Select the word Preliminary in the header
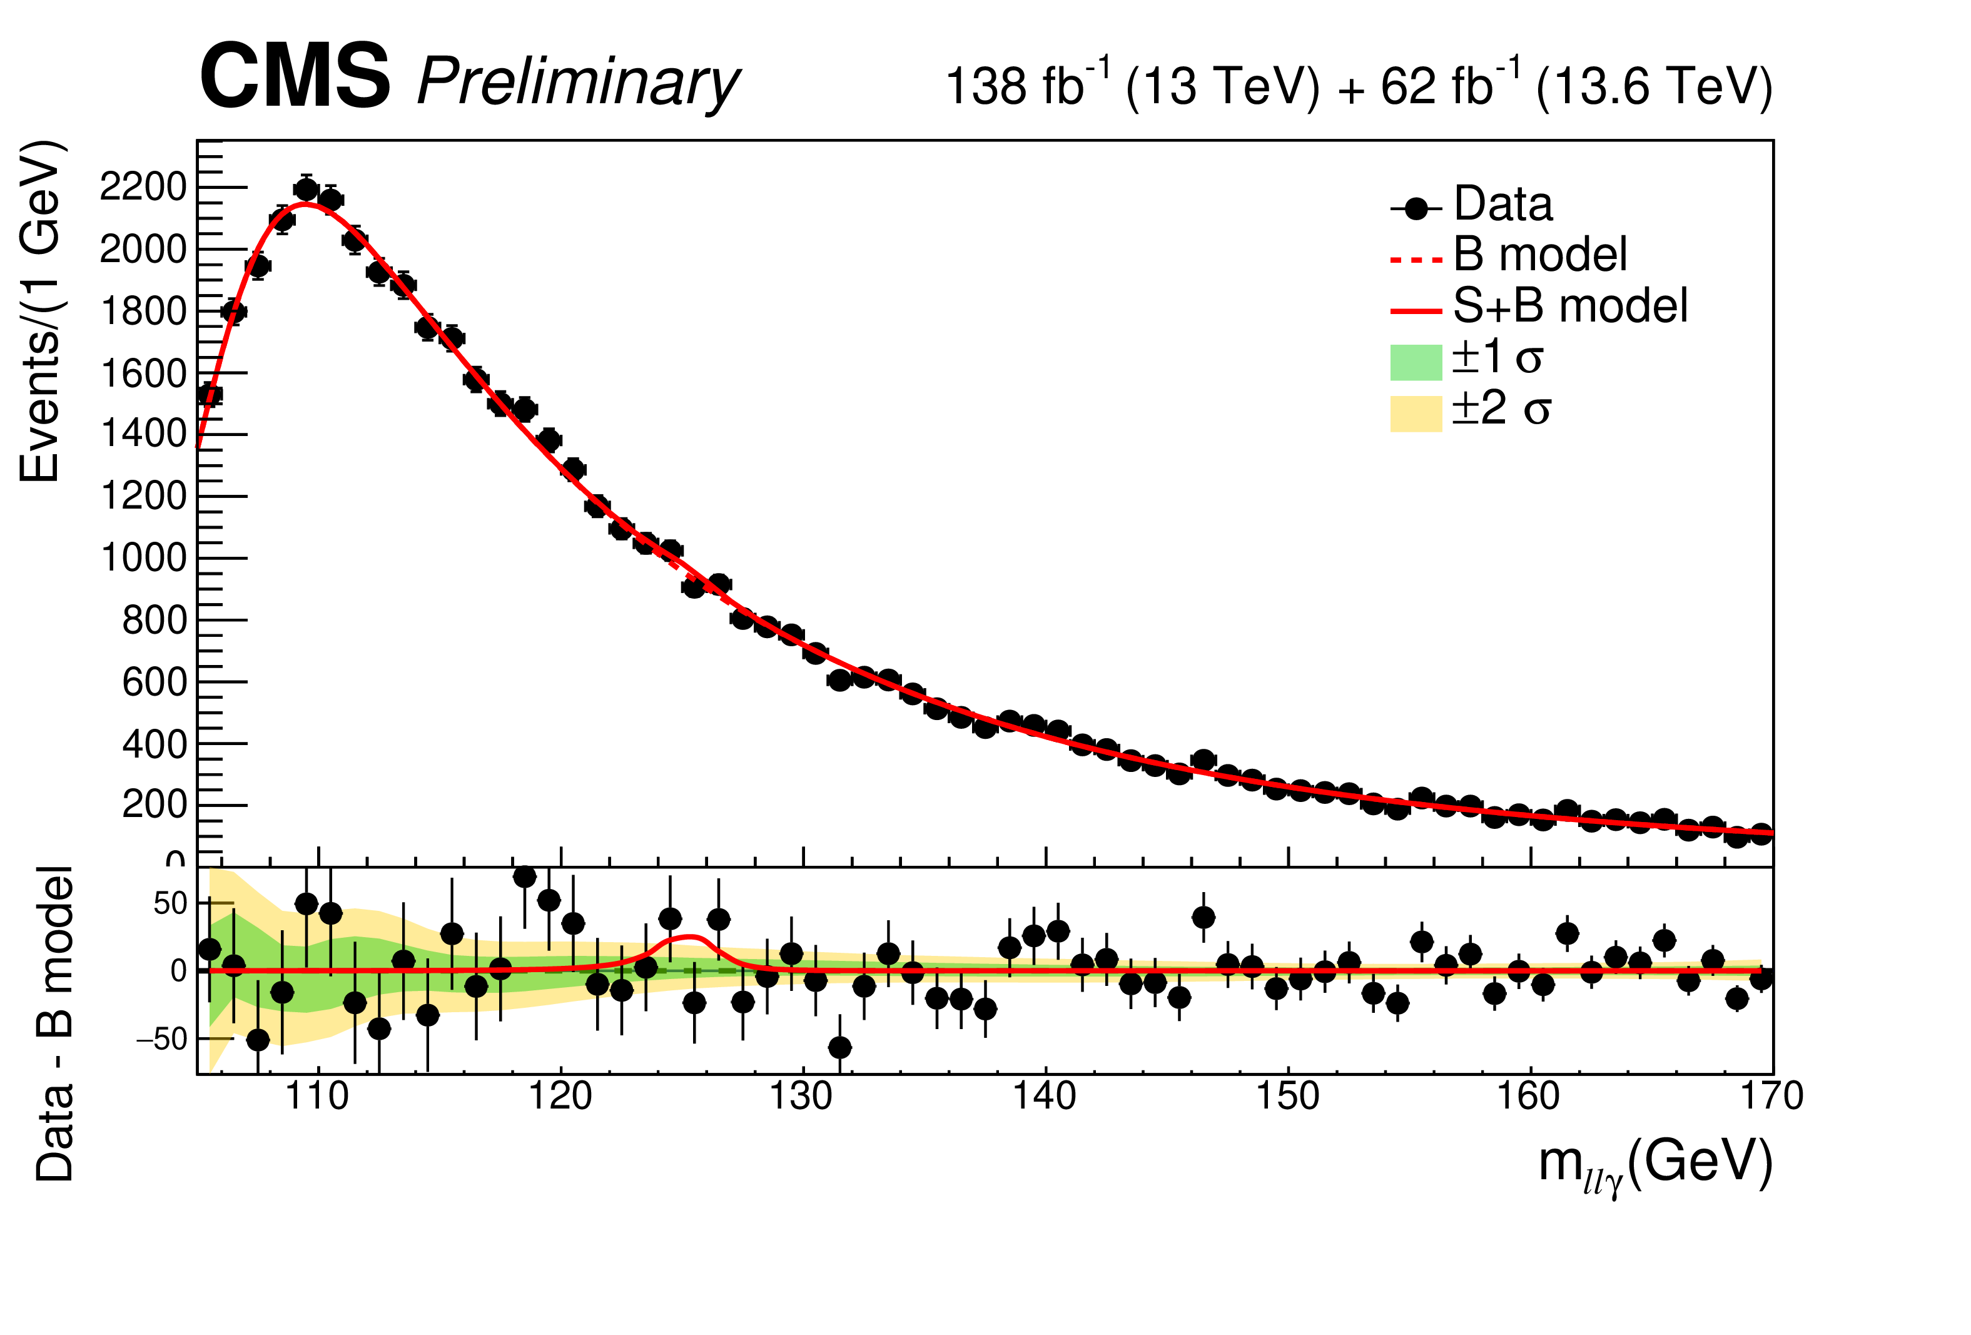click(579, 83)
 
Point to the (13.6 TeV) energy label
click(1653, 86)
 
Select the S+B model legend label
click(1570, 305)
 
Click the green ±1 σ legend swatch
click(1416, 362)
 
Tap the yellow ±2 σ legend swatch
click(1416, 414)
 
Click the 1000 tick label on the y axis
click(143, 558)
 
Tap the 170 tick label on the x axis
click(1771, 1096)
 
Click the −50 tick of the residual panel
click(161, 1039)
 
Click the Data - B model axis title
click(54, 1023)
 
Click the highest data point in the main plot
click(306, 189)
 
